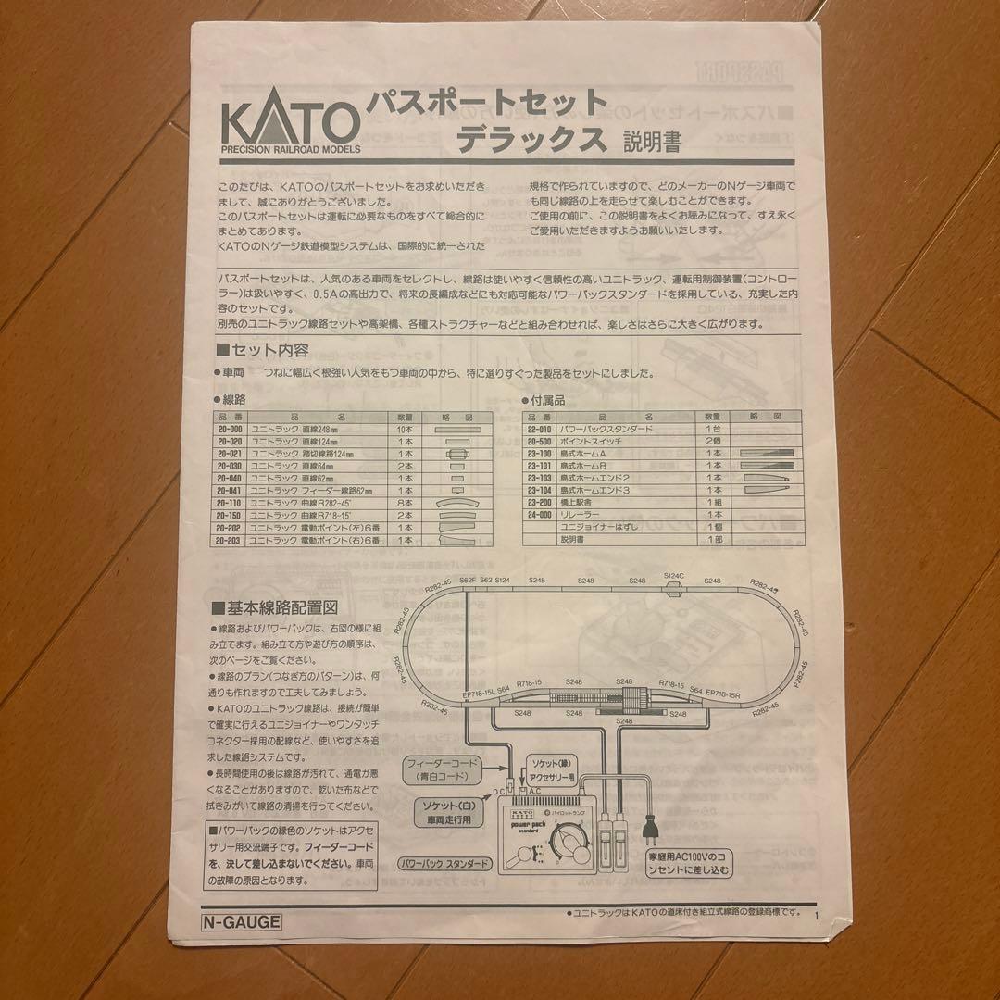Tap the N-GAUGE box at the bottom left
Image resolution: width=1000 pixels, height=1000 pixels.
pyautogui.click(x=242, y=921)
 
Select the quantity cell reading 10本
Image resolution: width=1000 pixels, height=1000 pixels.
pyautogui.click(x=405, y=430)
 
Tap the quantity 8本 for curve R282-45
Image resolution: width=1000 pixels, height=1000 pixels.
pyautogui.click(x=405, y=502)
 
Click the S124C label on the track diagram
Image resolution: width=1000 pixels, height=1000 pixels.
pyautogui.click(x=674, y=576)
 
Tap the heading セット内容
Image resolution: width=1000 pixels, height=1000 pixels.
pyautogui.click(x=263, y=351)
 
